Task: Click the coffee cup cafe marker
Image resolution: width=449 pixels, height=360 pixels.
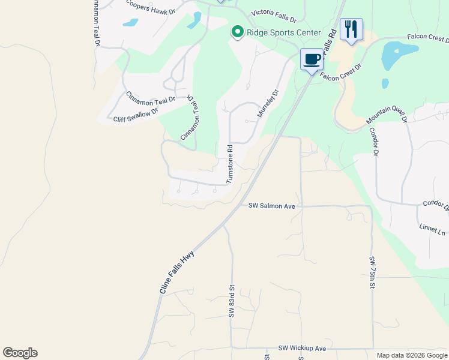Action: pos(311,60)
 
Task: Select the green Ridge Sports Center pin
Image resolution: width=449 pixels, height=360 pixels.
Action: pos(237,32)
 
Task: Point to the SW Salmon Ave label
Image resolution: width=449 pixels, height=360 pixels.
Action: pos(272,206)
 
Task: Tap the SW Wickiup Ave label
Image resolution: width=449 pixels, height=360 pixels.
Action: pos(302,348)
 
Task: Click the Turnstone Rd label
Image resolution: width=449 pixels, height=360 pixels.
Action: pos(229,164)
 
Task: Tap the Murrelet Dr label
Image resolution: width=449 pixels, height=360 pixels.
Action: pos(268,103)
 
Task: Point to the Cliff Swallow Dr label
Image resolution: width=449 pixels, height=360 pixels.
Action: pos(136,115)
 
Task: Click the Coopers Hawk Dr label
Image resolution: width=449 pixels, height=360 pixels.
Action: pos(151,7)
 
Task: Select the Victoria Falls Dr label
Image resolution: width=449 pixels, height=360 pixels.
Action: pos(274,12)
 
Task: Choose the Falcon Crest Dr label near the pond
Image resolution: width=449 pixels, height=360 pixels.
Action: pos(427,37)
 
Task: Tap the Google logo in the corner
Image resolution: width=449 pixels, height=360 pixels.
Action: pos(20,353)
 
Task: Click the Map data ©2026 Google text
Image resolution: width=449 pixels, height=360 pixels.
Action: pos(412,355)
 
